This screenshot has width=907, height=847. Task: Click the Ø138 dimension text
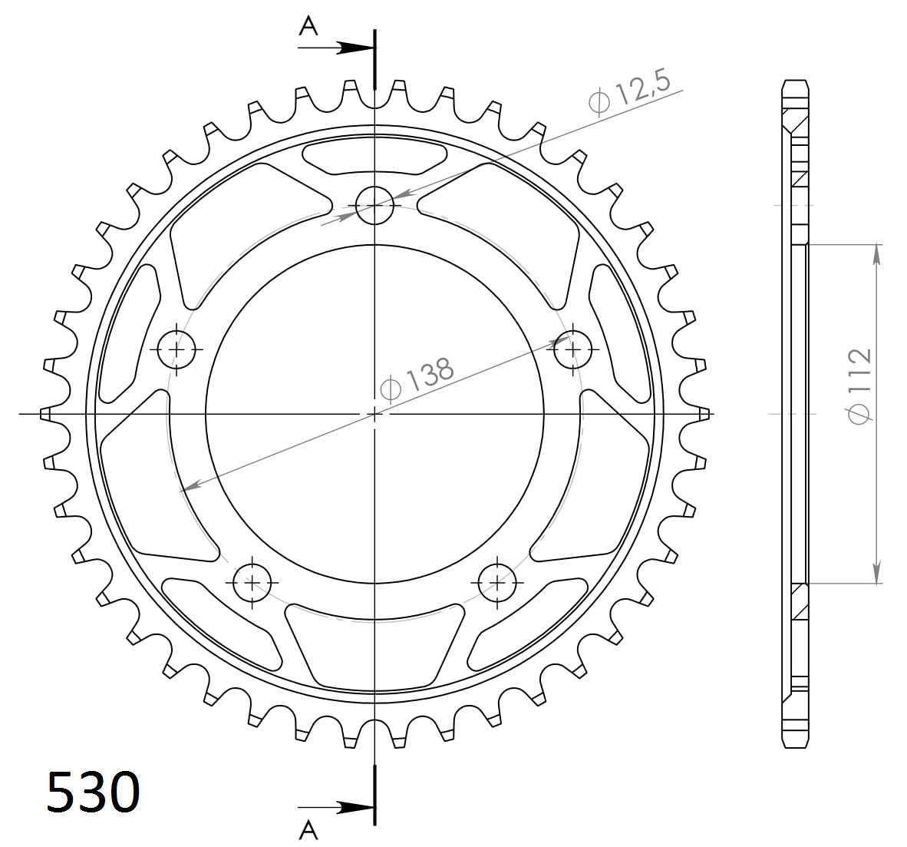click(417, 378)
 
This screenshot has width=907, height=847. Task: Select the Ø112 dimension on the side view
click(860, 385)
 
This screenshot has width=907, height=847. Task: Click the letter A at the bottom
click(308, 830)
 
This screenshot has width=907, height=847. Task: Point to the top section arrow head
click(358, 48)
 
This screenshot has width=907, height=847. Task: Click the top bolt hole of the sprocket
click(374, 205)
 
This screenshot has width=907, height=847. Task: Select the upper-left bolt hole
click(178, 349)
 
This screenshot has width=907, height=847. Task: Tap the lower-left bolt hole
click(253, 583)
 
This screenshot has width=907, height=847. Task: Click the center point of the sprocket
click(374, 414)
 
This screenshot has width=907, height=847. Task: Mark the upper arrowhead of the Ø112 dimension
click(876, 253)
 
